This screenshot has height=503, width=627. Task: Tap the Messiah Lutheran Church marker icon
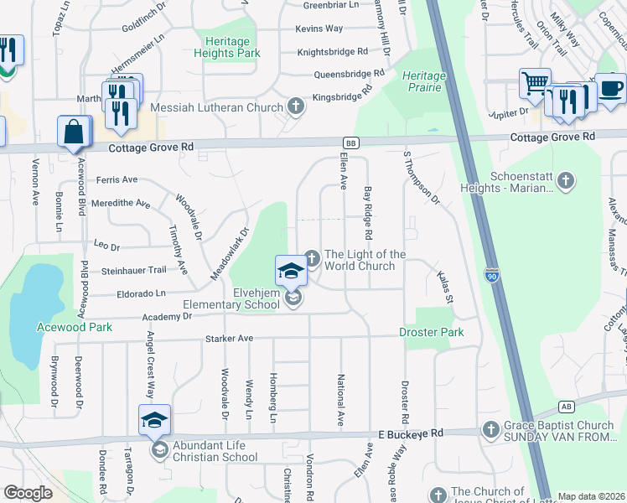coord(295,106)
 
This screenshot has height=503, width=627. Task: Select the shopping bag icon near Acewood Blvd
coord(74,132)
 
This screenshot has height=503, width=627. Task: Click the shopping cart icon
coord(535,84)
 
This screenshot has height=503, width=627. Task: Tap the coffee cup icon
coord(610,88)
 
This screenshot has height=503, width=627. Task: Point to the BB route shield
coord(351,143)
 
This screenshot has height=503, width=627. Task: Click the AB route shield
coord(567,407)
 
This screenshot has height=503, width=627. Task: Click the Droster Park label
coord(432,333)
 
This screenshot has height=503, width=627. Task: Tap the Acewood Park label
coord(75,327)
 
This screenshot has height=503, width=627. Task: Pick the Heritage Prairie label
coord(423,81)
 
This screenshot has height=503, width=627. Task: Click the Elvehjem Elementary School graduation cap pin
coord(291,270)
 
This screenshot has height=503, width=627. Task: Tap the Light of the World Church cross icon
coord(312,257)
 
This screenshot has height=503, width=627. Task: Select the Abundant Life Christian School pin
coord(154,419)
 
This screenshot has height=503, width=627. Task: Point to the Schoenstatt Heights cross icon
coord(566,180)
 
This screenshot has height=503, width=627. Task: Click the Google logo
coord(28,493)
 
